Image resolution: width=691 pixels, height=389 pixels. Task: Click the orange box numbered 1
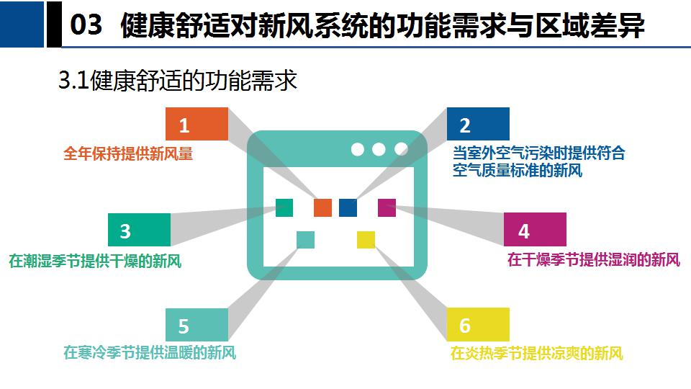pos(197,124)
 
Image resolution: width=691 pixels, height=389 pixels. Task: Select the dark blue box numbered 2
pos(478,124)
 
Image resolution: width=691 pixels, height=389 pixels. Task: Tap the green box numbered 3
pos(139,230)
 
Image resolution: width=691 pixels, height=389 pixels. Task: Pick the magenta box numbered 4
pos(535,229)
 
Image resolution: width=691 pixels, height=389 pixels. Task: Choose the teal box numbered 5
pos(197,325)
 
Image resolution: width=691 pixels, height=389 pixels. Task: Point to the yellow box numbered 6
pos(478,325)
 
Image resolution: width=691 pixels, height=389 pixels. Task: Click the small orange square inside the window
pos(322,207)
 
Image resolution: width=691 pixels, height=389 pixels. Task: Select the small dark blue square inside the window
pos(348,207)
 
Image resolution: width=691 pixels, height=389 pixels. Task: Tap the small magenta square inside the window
pos(387,207)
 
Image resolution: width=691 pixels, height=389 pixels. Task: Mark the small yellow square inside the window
pos(366,240)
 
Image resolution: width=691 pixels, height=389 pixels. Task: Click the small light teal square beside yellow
pos(305,240)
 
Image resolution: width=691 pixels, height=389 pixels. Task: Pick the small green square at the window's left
pos(284,207)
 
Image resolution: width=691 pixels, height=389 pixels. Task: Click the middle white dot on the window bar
pos(379,150)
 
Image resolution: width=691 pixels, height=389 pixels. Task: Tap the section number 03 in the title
pos(86,24)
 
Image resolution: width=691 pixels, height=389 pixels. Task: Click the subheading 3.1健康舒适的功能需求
pos(178,80)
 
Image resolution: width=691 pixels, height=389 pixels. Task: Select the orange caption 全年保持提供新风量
pos(128,153)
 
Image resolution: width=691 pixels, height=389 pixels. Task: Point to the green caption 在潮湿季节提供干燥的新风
pos(95,261)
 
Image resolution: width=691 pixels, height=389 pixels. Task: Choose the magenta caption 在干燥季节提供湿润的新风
pos(594,259)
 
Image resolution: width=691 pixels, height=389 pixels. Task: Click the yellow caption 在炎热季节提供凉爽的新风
pos(537,353)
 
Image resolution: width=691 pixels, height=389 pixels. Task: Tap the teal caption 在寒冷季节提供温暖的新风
pos(150,352)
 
